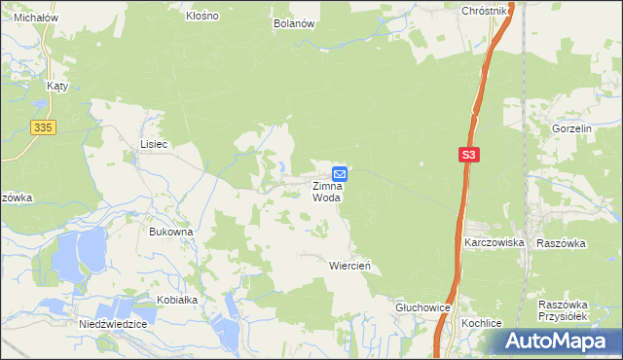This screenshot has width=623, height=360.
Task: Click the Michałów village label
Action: [x=34, y=18]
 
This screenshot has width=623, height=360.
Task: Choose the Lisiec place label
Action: [x=154, y=144]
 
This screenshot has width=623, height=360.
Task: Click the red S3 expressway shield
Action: [x=469, y=154]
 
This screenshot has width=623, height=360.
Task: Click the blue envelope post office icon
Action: [x=340, y=172]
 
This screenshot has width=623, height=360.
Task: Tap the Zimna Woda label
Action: [x=327, y=191]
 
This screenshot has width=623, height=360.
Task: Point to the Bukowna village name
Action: [x=171, y=232]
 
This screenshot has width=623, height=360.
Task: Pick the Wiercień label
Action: [x=350, y=265]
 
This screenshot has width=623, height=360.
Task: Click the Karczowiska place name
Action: [x=495, y=242]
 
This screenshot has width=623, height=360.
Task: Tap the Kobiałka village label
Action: [x=175, y=300]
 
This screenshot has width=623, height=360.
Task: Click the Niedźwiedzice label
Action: [x=113, y=323]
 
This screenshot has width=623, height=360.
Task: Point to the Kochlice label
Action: [x=482, y=321]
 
